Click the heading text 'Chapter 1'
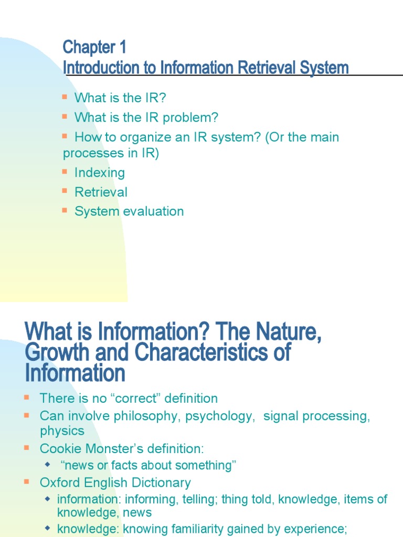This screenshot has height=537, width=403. click(x=94, y=48)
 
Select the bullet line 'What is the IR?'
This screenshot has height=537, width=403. click(x=120, y=98)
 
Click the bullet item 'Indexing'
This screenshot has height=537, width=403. click(x=100, y=173)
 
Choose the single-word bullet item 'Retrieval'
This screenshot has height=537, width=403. click(x=101, y=192)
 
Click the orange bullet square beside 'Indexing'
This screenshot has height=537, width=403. click(x=65, y=171)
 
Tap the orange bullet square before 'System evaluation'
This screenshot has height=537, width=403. click(x=65, y=210)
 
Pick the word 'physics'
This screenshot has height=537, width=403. click(x=62, y=431)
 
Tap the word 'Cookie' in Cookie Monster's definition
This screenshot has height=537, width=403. click(x=58, y=448)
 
